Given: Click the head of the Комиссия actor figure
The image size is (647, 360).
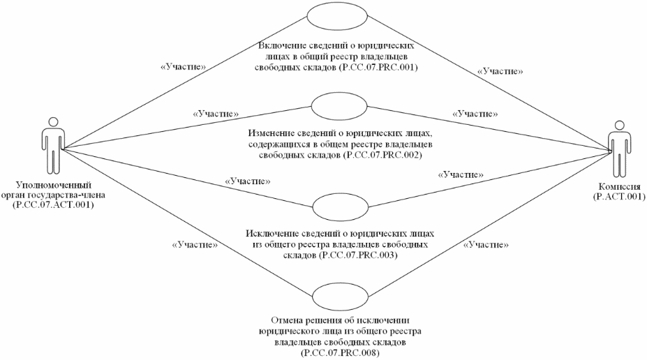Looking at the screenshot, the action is pyautogui.click(x=618, y=125).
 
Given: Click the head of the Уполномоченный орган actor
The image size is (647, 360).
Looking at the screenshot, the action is pyautogui.click(x=52, y=121).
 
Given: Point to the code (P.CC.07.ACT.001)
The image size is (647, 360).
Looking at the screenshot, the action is pyautogui.click(x=53, y=204).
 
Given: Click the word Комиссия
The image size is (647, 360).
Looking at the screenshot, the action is pyautogui.click(x=618, y=187).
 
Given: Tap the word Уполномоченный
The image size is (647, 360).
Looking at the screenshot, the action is pyautogui.click(x=53, y=185).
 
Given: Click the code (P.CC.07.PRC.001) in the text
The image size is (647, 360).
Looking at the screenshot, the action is pyautogui.click(x=378, y=68).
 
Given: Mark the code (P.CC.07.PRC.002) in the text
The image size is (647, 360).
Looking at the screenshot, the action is pyautogui.click(x=382, y=155).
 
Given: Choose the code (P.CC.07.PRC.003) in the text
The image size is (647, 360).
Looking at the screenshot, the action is pyautogui.click(x=358, y=255).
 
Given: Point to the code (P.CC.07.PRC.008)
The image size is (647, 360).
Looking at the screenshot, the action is pyautogui.click(x=341, y=353).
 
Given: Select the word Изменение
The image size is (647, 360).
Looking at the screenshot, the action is pyautogui.click(x=270, y=133).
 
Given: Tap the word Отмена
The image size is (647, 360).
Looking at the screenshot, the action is pyautogui.click(x=286, y=320).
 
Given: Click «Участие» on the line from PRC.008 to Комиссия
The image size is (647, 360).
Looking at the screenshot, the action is pyautogui.click(x=486, y=245).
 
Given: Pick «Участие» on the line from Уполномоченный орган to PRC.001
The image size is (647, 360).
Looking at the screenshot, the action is pyautogui.click(x=183, y=67).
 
